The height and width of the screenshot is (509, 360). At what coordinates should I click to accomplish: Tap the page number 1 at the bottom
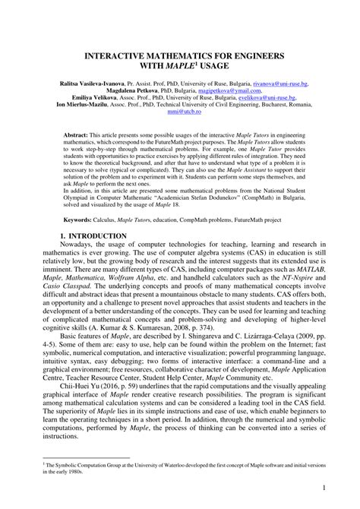[324, 487]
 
